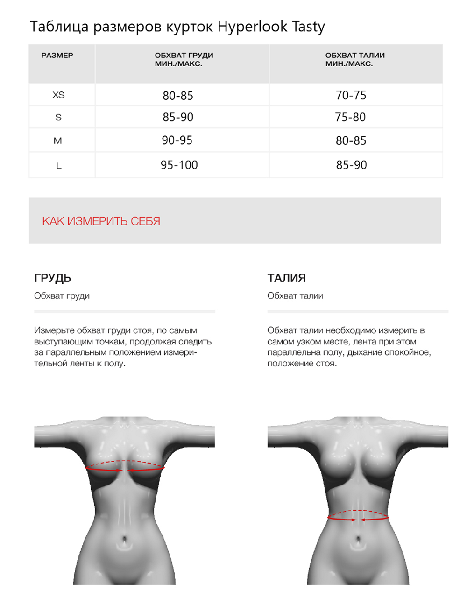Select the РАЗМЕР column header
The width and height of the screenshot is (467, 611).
[57, 56]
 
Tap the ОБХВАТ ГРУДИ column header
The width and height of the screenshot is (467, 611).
[184, 59]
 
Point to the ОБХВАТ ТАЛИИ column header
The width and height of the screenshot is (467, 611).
[355, 59]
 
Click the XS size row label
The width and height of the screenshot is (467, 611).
[58, 95]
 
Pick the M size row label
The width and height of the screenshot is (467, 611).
[58, 141]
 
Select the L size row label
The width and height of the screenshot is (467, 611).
[58, 166]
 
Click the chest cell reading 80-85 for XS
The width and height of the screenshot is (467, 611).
[178, 96]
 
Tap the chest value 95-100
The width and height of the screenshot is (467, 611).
[179, 165]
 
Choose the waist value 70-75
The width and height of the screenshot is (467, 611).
[351, 96]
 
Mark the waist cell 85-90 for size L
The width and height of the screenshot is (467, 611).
[352, 165]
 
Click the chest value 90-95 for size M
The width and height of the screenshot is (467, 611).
[177, 140]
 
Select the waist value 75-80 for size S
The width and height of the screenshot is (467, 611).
[350, 117]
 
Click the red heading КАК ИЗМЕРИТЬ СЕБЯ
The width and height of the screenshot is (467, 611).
[101, 221]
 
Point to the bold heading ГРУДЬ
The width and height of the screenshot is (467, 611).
[53, 278]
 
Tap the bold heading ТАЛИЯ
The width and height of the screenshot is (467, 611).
[287, 278]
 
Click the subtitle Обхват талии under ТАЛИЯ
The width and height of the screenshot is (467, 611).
[295, 296]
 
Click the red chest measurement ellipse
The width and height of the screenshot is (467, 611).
[125, 466]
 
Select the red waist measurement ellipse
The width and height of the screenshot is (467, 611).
[358, 516]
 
